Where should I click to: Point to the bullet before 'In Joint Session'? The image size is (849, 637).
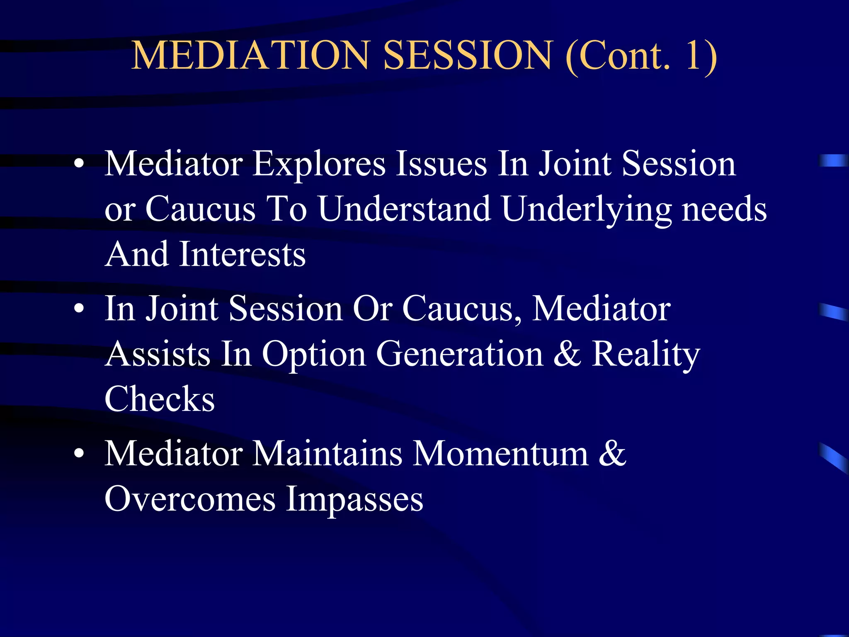tap(79, 309)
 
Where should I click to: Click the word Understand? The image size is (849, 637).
tap(404, 209)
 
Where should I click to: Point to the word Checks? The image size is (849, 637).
tap(160, 399)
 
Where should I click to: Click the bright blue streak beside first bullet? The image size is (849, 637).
tap(834, 160)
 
